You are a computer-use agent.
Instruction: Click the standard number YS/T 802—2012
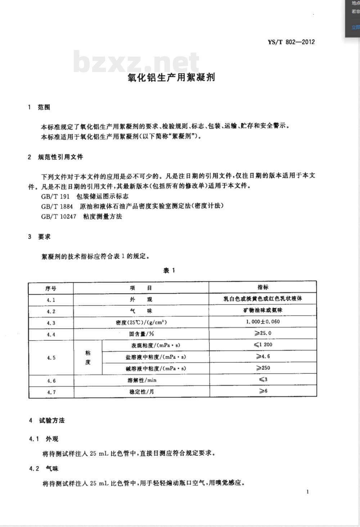coord(291,42)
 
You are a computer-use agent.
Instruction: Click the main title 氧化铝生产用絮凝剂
coord(171,77)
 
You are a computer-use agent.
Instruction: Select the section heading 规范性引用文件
coord(60,157)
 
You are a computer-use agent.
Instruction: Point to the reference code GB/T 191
coord(55,196)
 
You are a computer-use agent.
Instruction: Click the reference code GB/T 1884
coord(57,206)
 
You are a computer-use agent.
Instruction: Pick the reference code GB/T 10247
coord(59,216)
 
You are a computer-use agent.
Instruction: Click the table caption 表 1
coord(169,271)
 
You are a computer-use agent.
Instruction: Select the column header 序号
coord(51,289)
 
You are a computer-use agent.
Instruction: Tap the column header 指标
coord(263,287)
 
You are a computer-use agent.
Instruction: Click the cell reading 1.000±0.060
coord(263,322)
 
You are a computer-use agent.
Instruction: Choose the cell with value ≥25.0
coord(263,333)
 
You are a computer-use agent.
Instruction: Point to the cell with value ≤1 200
coord(263,345)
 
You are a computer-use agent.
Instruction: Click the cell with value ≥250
coord(263,368)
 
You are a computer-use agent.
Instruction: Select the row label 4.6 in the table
coord(51,381)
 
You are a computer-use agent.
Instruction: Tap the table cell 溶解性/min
coord(141,380)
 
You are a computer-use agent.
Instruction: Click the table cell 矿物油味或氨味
coord(263,310)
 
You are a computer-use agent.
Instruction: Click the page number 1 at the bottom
coord(307,492)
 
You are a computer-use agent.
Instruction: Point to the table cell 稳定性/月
coord(141,392)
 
